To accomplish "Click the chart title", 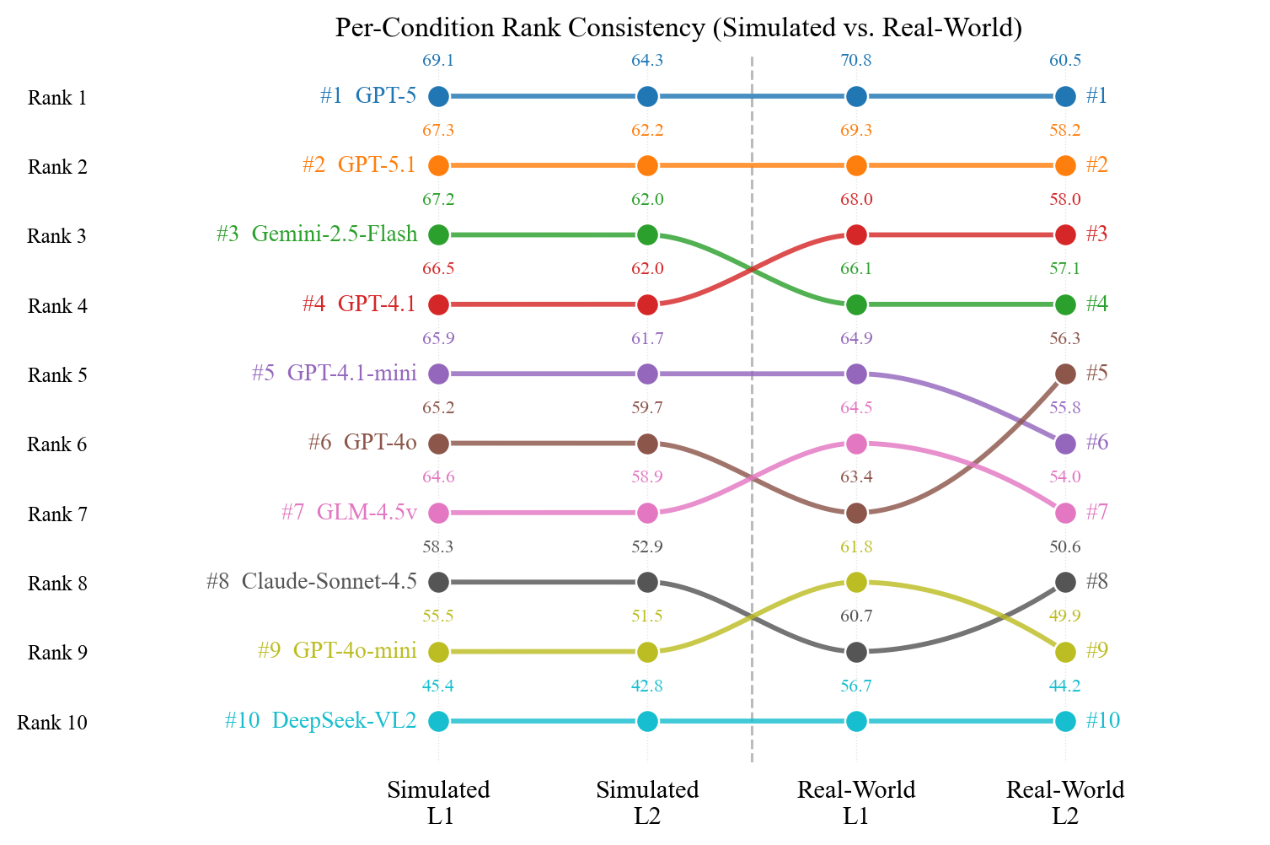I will [x=678, y=28].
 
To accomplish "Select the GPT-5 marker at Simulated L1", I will [x=438, y=96].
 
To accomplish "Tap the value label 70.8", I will [x=856, y=61].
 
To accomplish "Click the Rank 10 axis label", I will [x=52, y=723].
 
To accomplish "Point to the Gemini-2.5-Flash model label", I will [x=334, y=234].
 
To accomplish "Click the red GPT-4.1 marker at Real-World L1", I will [x=856, y=234].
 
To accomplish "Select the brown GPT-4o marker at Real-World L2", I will [x=1065, y=374].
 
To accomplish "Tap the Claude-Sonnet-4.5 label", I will [x=329, y=582].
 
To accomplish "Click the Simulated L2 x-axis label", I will [x=647, y=802].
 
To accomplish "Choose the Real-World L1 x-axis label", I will [x=856, y=802].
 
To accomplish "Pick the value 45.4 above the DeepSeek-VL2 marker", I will [x=438, y=686].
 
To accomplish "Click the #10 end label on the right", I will [x=1102, y=721].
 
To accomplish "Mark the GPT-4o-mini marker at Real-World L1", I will [x=856, y=582].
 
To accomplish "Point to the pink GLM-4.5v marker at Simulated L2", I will [x=647, y=513].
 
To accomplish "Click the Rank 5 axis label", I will [x=56, y=375].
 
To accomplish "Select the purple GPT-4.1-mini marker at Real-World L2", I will [x=1065, y=444].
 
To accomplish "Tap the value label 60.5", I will [x=1065, y=61].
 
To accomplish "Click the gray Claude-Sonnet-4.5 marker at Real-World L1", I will [x=856, y=652].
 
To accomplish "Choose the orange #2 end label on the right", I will [x=1096, y=165].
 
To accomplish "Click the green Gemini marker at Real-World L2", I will [x=1065, y=304].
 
